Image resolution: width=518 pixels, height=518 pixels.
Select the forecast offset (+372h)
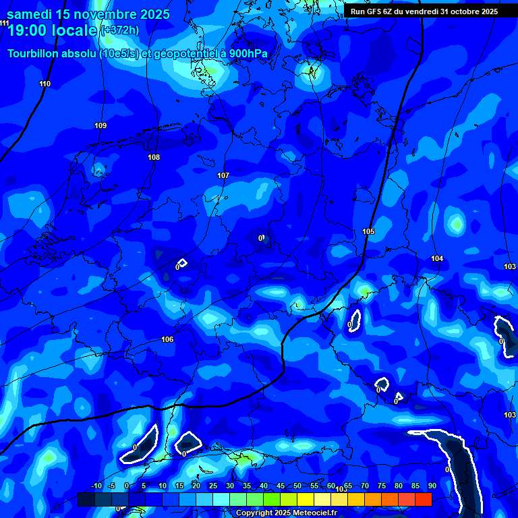119,30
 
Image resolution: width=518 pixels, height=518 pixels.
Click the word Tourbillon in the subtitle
32,53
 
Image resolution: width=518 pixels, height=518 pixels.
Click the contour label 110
45,84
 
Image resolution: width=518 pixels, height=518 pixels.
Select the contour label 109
100,125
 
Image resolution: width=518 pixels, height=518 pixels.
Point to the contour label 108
154,157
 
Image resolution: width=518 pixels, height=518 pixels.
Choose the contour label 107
223,175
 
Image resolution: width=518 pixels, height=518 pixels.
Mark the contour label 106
167,339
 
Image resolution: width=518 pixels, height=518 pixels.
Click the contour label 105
368,231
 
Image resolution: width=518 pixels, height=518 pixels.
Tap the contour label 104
437,258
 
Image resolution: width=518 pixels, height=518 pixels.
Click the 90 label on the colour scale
432,486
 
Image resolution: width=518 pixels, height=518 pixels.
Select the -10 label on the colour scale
96,486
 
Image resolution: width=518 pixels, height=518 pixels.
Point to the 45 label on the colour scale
281,486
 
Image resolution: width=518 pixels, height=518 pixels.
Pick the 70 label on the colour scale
365,486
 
